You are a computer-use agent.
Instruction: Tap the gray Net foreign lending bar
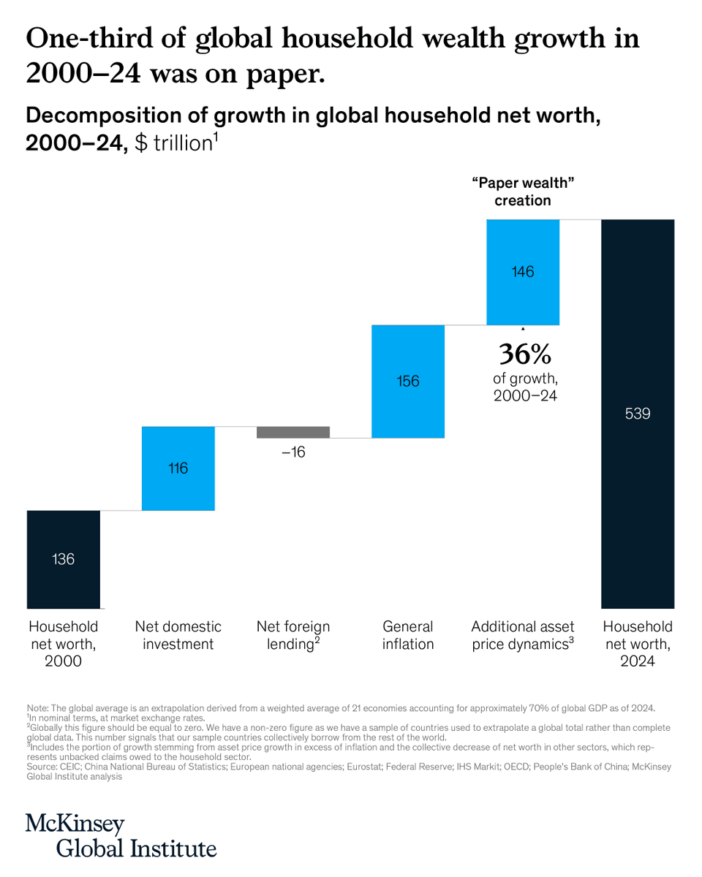click(293, 432)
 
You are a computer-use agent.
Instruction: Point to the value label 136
click(63, 559)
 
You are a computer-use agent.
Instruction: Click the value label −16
click(293, 452)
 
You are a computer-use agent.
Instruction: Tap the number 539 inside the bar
click(638, 414)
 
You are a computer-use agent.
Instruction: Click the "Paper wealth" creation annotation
click(523, 191)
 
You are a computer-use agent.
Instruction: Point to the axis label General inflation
click(408, 635)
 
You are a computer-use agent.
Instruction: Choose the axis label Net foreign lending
click(293, 635)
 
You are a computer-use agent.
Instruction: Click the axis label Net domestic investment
click(178, 635)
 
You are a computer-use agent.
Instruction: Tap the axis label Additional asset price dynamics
click(523, 635)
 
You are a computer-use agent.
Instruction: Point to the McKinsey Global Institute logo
click(121, 835)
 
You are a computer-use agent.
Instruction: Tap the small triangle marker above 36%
click(523, 330)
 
